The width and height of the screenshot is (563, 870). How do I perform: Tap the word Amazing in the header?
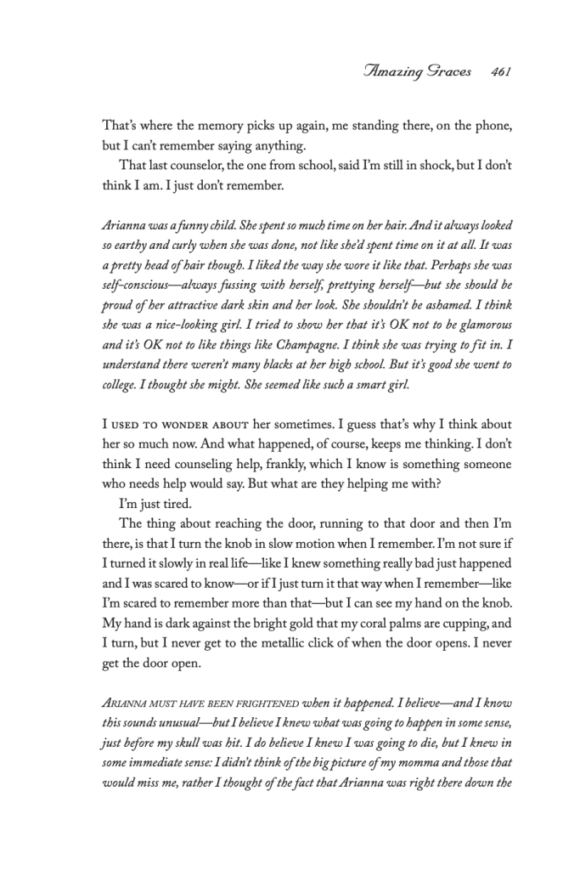click(x=394, y=72)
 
